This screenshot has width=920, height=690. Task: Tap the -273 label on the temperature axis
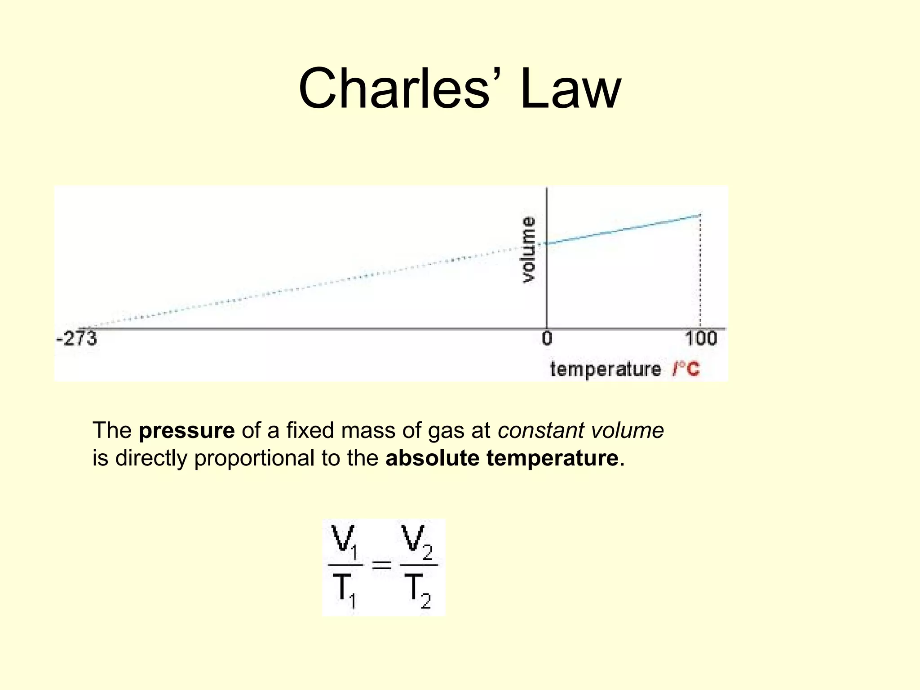[x=76, y=338]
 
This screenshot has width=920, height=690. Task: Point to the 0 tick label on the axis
[x=547, y=338]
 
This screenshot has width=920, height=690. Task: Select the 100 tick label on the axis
[x=701, y=338]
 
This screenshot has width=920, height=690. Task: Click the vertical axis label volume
[x=529, y=250]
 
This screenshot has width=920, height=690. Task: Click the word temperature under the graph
[x=606, y=369]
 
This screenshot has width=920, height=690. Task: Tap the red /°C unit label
[x=686, y=369]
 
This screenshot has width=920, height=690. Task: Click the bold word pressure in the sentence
[x=186, y=430]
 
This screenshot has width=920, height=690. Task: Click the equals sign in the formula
[x=381, y=565]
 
